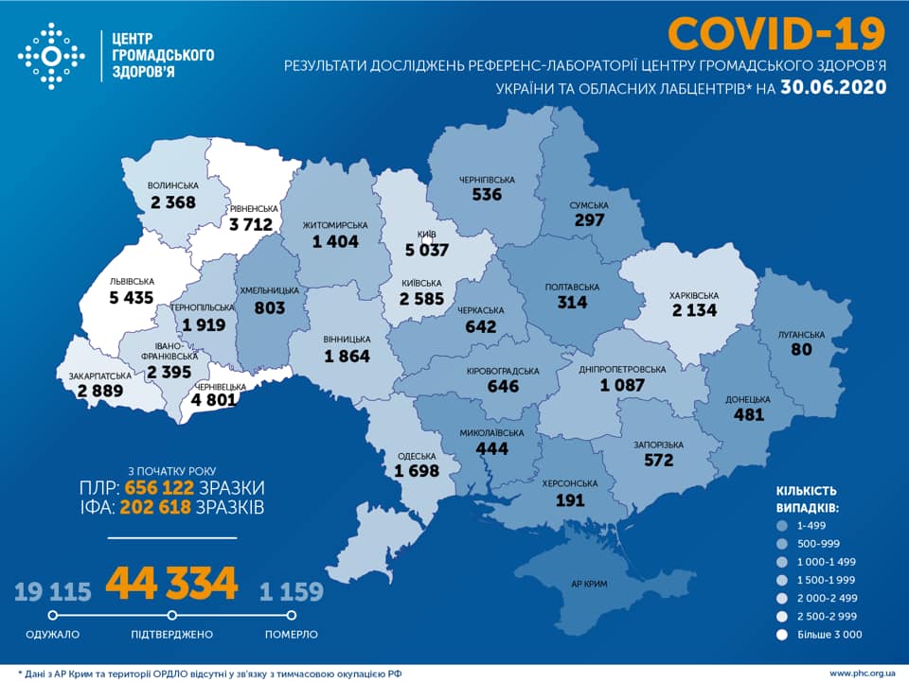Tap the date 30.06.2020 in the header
pyautogui.click(x=834, y=87)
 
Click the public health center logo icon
pyautogui.click(x=51, y=57)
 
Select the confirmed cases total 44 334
pyautogui.click(x=171, y=584)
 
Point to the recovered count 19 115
pyautogui.click(x=53, y=592)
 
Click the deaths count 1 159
pyautogui.click(x=292, y=592)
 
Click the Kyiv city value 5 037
pyautogui.click(x=425, y=252)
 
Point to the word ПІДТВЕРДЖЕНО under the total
pyautogui.click(x=171, y=634)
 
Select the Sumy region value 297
pyautogui.click(x=589, y=219)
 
